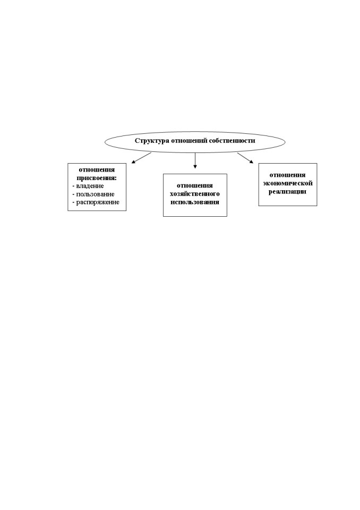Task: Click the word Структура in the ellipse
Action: tap(152, 141)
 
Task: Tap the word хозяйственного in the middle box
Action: tap(195, 194)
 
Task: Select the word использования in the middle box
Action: tap(195, 202)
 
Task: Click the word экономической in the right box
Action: tap(288, 183)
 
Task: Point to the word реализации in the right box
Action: tap(287, 192)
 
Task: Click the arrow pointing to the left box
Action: tap(141, 158)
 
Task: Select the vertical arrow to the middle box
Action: tap(195, 160)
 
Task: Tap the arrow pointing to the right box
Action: tap(245, 158)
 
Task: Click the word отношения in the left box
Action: tap(97, 170)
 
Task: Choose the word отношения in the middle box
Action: tap(195, 186)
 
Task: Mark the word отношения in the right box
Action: tap(287, 175)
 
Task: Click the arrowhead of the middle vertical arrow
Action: tap(195, 166)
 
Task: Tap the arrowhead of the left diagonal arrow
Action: tap(133, 162)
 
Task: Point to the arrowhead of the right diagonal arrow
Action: tap(251, 161)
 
